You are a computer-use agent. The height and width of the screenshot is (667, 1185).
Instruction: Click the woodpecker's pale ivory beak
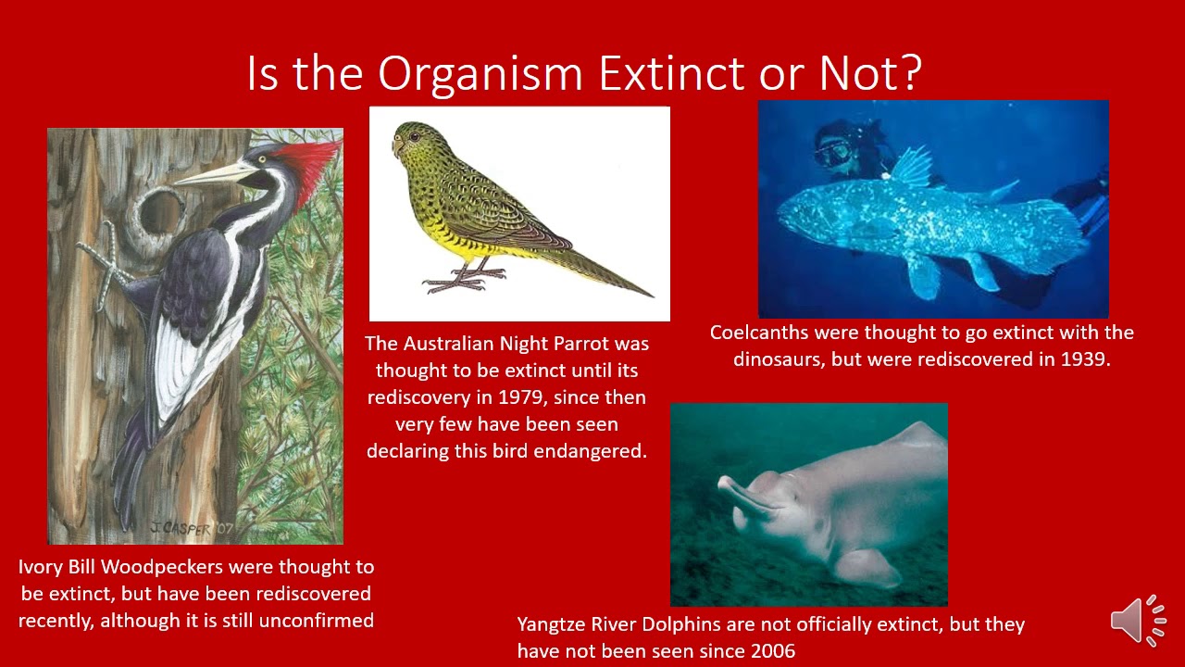pos(212,173)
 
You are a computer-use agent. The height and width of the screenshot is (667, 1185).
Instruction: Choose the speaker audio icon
pos(1138,620)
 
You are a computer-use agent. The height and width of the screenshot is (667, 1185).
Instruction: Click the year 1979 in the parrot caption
pos(521,397)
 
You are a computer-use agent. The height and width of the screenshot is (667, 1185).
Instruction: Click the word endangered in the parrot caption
pos(594,451)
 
